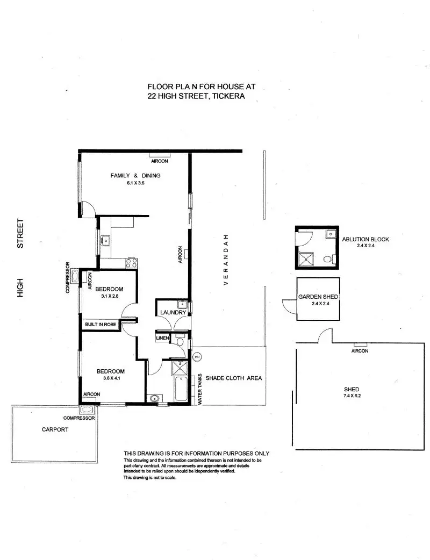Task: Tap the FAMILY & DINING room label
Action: [135, 176]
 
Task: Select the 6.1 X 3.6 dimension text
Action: [135, 183]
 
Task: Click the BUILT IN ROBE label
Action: [100, 325]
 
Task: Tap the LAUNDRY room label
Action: [173, 313]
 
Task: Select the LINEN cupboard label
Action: [162, 338]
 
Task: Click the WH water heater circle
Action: [197, 356]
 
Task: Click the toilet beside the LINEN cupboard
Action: [181, 342]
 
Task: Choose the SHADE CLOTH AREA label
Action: [234, 378]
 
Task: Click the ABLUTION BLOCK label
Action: [365, 240]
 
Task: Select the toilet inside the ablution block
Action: [328, 260]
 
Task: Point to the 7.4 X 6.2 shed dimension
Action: [352, 397]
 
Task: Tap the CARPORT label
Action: [55, 429]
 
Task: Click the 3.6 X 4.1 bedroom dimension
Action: [110, 379]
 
